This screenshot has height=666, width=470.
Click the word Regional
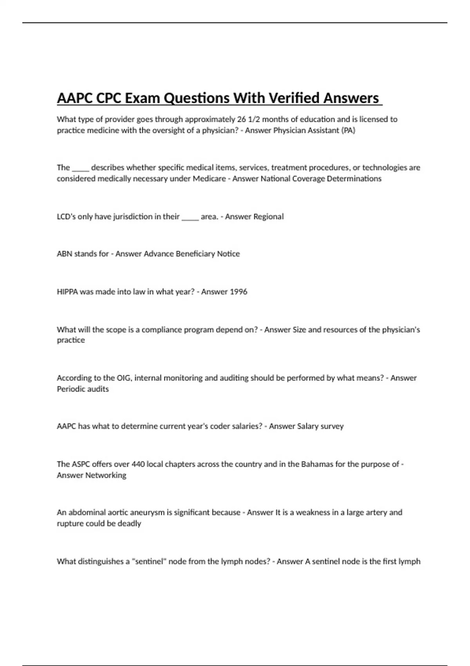point(268,217)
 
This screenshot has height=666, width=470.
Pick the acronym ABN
point(64,254)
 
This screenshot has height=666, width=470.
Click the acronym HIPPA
point(67,291)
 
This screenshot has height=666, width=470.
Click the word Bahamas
point(317,464)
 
